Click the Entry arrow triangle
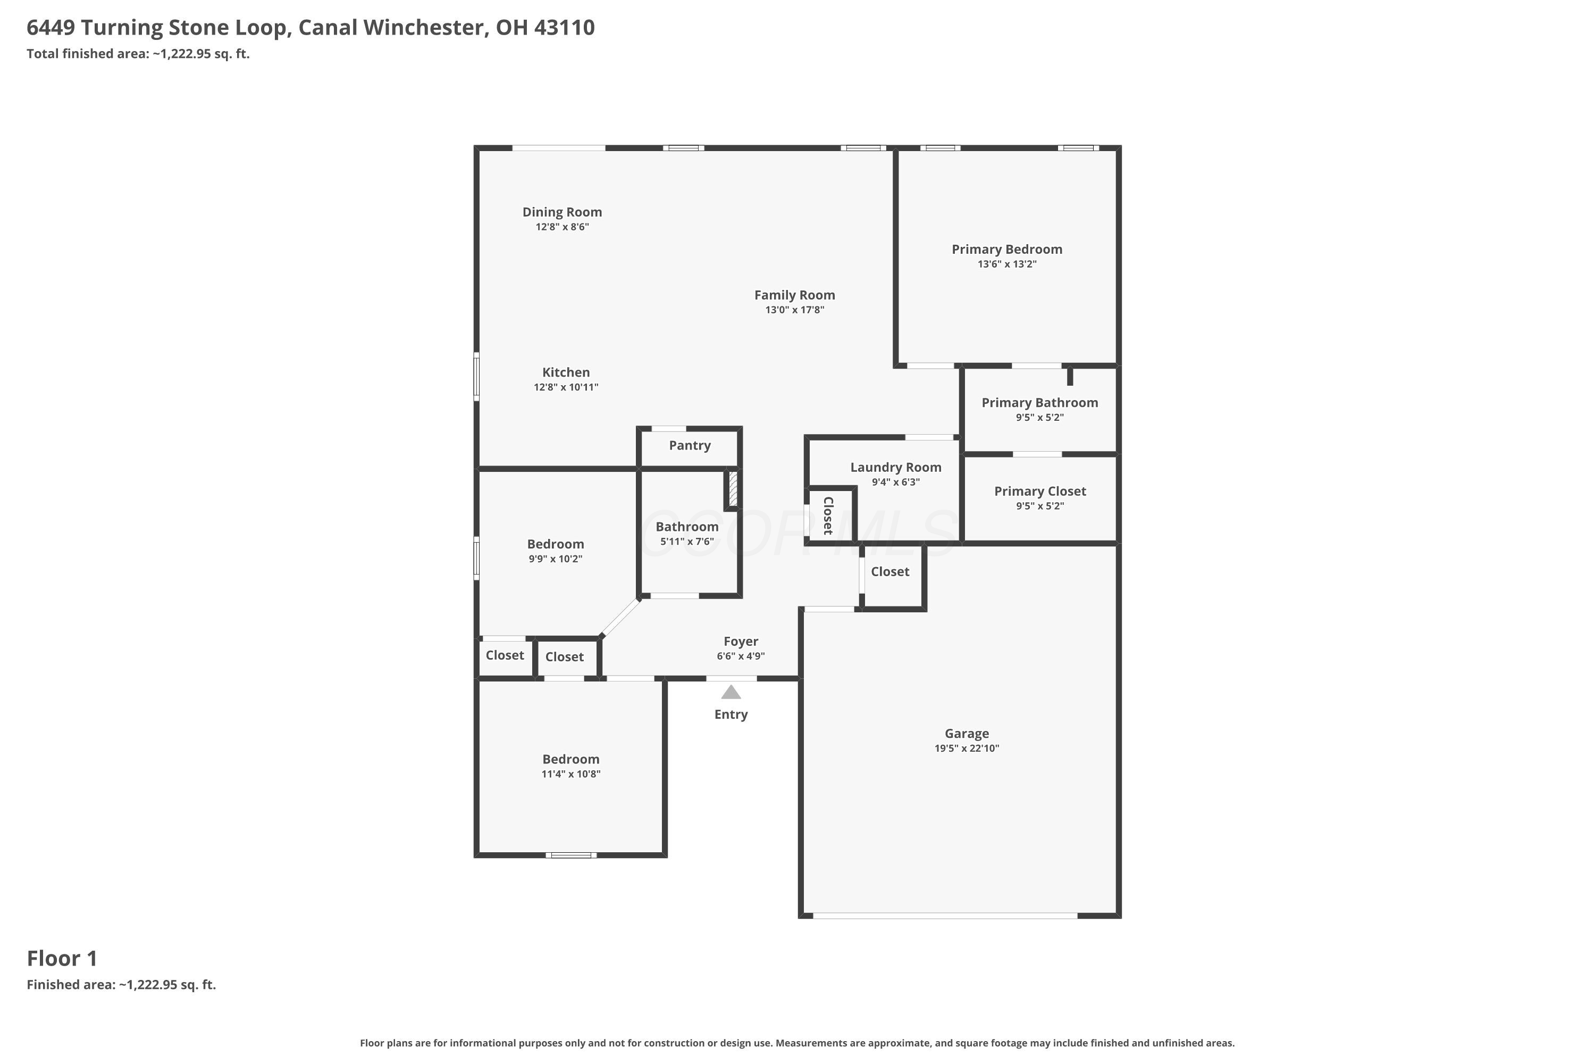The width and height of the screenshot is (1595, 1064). [x=731, y=692]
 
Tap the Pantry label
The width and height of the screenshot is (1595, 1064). [x=690, y=446]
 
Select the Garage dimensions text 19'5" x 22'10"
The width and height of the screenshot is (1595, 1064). [x=967, y=749]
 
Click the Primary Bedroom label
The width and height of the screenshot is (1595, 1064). [x=1007, y=249]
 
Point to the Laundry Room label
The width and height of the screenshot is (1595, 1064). [x=896, y=468]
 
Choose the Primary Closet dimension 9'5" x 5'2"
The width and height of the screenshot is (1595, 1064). [x=1039, y=506]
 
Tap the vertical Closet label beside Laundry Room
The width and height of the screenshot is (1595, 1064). [x=828, y=516]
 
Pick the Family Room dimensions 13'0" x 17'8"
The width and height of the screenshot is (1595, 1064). [x=795, y=310]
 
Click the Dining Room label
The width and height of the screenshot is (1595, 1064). [x=562, y=212]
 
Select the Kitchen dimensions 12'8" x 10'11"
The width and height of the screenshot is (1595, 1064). [x=566, y=387]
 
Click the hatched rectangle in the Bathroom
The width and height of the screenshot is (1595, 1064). [x=733, y=488]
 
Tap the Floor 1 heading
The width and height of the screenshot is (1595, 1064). [x=62, y=958]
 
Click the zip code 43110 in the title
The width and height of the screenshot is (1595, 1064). [x=564, y=27]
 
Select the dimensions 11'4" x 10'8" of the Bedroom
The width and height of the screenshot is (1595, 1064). [x=571, y=774]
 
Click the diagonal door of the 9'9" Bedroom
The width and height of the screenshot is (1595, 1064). [x=620, y=618]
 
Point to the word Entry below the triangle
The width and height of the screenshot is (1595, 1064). [x=731, y=714]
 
